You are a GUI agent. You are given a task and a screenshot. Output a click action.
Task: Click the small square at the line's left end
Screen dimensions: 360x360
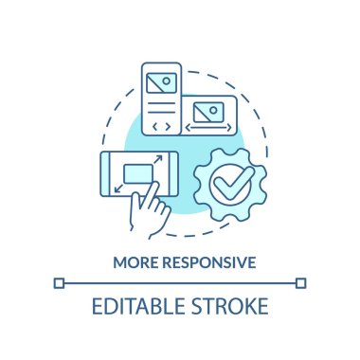click(59, 281)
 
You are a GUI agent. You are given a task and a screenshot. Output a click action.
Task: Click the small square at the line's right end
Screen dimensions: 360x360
click(301, 281)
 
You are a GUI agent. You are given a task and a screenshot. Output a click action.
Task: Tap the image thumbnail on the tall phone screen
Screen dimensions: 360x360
click(160, 82)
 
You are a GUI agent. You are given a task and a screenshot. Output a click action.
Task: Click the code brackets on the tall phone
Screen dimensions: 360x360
click(160, 124)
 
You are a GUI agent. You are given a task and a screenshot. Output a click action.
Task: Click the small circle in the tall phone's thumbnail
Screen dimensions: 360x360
click(168, 80)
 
